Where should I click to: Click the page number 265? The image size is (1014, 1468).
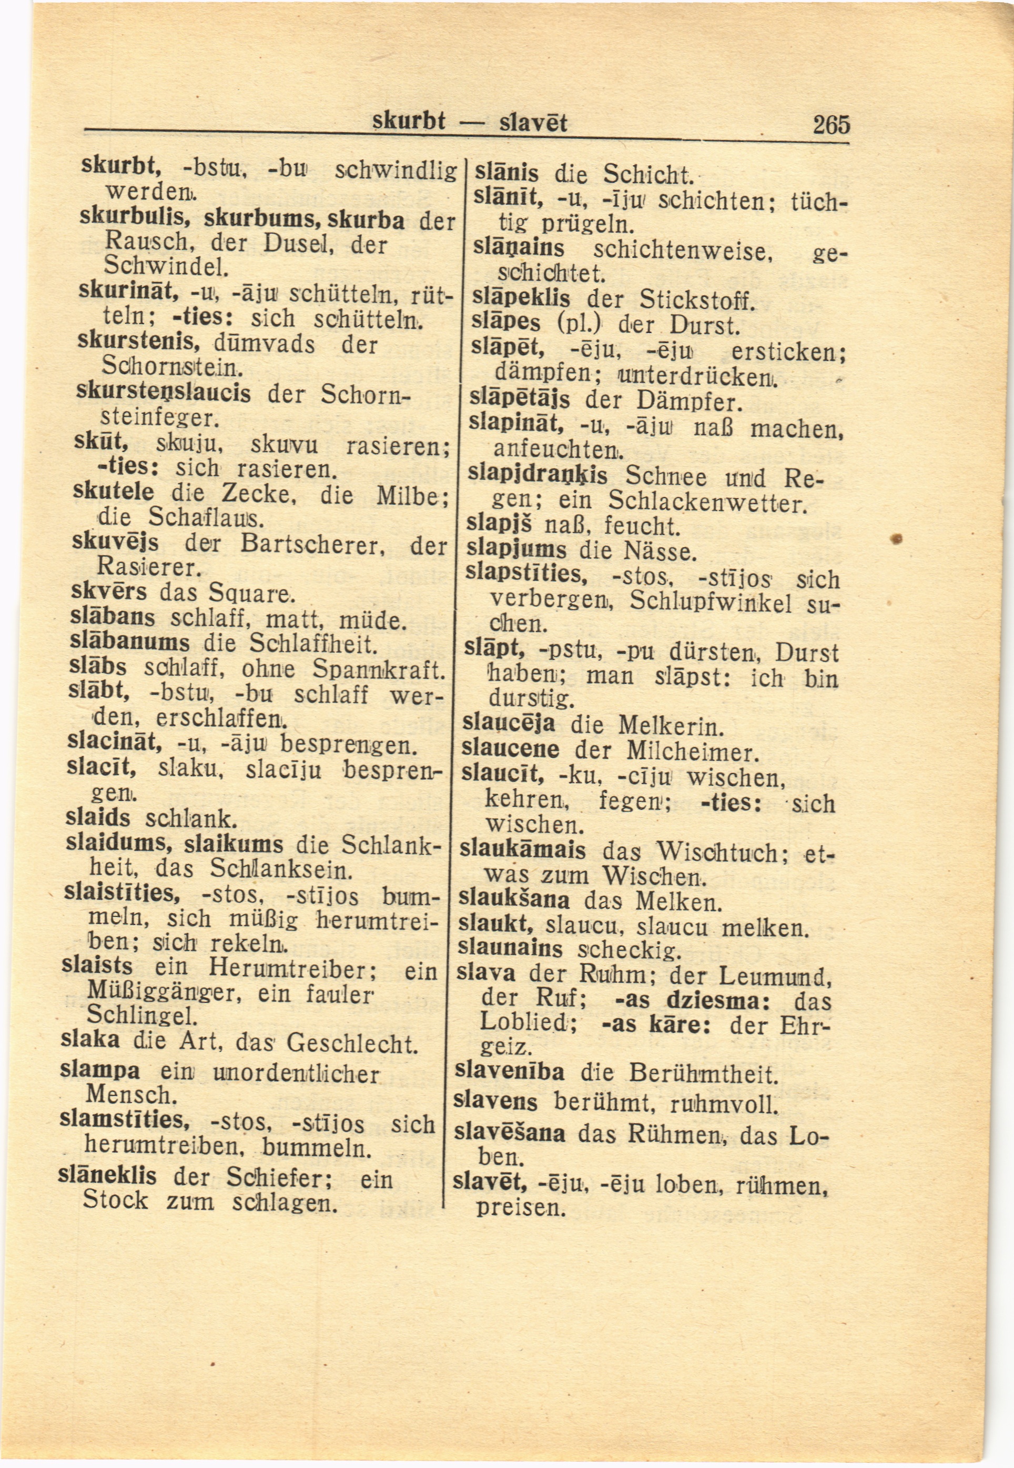[x=830, y=123]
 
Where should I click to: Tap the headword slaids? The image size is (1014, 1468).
[x=98, y=818]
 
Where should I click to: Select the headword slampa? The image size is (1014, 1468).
[x=100, y=1070]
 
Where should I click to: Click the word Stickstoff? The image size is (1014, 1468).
[x=696, y=299]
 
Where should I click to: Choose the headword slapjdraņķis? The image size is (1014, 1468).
[x=538, y=475]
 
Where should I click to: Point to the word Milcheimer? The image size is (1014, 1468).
[x=693, y=752]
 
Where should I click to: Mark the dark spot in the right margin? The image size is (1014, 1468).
[x=897, y=539]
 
